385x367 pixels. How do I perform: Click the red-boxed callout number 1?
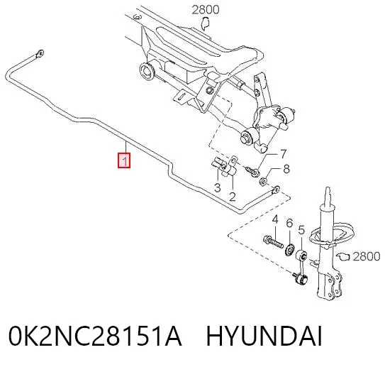124,160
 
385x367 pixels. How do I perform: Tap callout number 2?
233,197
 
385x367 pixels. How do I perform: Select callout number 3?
217,188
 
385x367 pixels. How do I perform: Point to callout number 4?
275,219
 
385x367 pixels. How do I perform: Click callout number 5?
301,230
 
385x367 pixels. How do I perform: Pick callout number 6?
289,223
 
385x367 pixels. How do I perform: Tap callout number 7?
284,154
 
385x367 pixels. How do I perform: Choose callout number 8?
286,169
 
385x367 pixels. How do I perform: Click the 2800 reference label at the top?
206,10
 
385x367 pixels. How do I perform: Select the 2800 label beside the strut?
367,256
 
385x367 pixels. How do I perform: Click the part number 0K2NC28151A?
95,336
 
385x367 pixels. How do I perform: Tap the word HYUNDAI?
264,336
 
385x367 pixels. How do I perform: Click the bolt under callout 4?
273,241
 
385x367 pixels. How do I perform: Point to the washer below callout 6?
290,249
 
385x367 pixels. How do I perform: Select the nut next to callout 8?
263,182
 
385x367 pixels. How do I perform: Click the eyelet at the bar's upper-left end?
40,53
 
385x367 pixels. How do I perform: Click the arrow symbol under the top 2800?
205,24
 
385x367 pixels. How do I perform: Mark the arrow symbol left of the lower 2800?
342,257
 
